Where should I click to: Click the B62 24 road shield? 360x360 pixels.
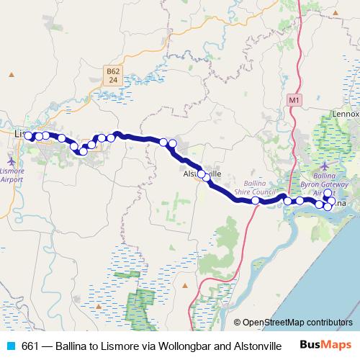(x=112, y=76)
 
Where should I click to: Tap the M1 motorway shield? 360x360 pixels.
(x=293, y=99)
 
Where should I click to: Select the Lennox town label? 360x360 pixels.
(x=344, y=114)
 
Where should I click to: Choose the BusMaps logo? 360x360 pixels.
(x=325, y=345)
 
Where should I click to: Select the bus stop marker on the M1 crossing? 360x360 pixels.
(x=256, y=201)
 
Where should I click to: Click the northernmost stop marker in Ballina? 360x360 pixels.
(x=328, y=193)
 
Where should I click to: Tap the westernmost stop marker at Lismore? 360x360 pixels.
(x=28, y=136)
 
